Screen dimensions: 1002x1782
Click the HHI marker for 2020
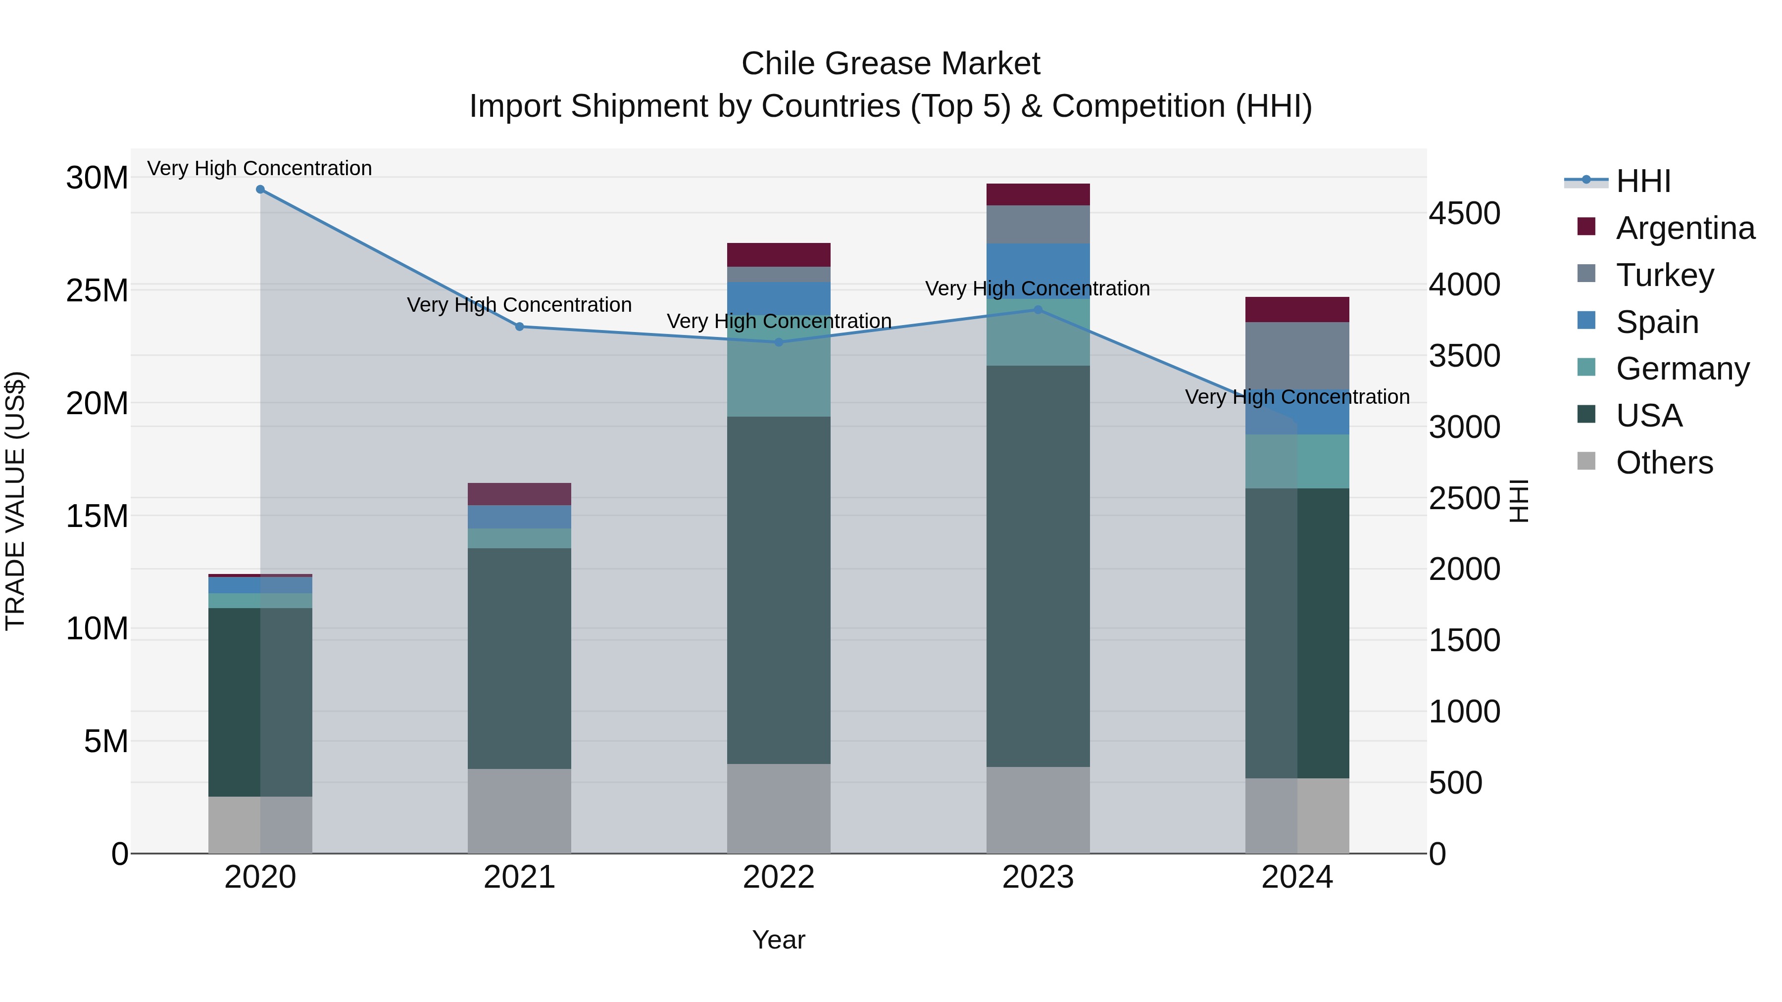coord(260,190)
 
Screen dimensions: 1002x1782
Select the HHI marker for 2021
coord(520,327)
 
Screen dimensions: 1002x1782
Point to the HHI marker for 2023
coord(1038,310)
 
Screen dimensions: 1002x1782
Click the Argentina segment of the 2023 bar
coord(1038,194)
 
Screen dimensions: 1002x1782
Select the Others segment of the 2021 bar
coord(520,811)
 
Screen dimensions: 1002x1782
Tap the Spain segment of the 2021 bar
coord(520,517)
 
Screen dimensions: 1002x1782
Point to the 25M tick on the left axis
coord(97,291)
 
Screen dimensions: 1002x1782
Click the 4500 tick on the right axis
coord(1465,214)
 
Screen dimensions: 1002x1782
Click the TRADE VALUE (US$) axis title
coord(16,501)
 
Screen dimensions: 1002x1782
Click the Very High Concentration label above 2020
coord(259,168)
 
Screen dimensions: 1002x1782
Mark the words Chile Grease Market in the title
coord(891,64)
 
